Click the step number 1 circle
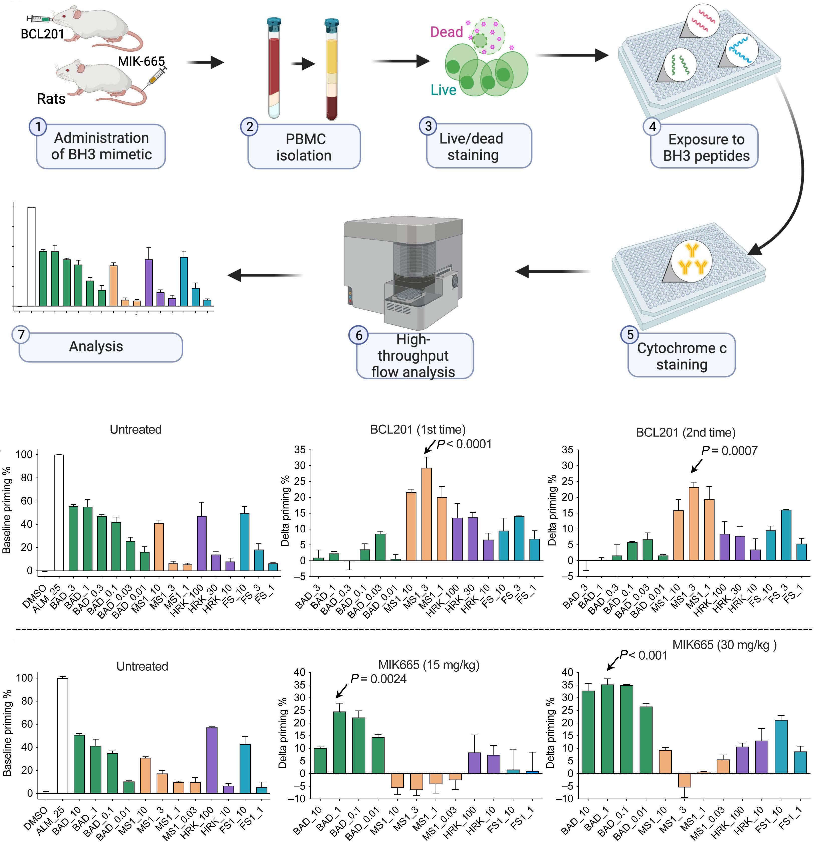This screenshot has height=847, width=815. [x=38, y=127]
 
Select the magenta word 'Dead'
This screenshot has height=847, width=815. [x=446, y=32]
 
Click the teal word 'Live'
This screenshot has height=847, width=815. [x=443, y=90]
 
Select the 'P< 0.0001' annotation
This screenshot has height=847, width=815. [x=464, y=444]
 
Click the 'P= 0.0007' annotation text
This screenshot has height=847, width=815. [x=729, y=451]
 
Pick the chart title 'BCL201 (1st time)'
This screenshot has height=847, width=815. [x=418, y=430]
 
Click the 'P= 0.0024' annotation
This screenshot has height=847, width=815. [x=378, y=679]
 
